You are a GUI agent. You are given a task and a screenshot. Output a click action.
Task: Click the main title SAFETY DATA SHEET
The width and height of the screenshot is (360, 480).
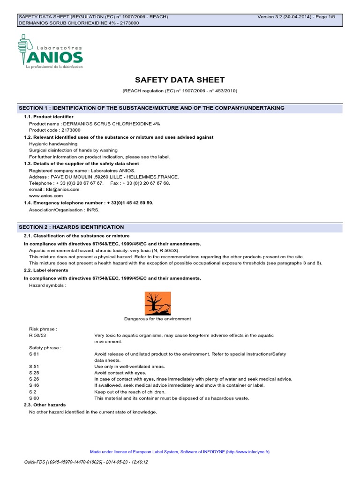(x=180, y=80)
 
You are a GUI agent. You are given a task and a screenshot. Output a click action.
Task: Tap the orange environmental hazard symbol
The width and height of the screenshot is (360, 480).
(x=157, y=303)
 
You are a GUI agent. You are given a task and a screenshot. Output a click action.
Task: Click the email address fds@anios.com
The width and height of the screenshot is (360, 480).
(x=54, y=189)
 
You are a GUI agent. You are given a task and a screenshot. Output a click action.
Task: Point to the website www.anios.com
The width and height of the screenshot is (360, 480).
(x=46, y=196)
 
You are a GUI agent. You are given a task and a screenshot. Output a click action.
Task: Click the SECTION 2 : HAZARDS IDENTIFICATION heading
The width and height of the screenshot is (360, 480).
(x=71, y=227)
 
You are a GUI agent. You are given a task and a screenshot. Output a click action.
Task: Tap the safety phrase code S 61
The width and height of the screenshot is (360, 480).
(x=33, y=354)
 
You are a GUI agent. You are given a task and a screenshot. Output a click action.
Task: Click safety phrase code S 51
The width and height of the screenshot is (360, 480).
(x=33, y=366)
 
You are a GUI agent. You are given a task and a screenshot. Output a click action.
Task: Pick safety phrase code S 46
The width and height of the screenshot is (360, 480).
(x=33, y=385)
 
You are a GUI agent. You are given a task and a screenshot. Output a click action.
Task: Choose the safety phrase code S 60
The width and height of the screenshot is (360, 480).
(x=33, y=398)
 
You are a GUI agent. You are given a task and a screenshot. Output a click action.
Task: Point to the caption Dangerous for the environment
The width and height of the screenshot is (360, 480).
(x=157, y=319)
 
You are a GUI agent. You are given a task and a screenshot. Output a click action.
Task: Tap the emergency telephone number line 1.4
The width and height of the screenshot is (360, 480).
(x=89, y=202)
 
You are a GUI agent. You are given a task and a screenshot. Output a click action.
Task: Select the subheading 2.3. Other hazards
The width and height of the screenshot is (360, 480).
(x=45, y=405)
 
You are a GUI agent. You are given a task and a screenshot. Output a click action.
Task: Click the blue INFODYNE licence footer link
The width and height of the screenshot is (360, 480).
(x=180, y=452)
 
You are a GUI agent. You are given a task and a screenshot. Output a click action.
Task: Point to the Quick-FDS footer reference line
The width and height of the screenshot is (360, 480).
(x=86, y=462)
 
